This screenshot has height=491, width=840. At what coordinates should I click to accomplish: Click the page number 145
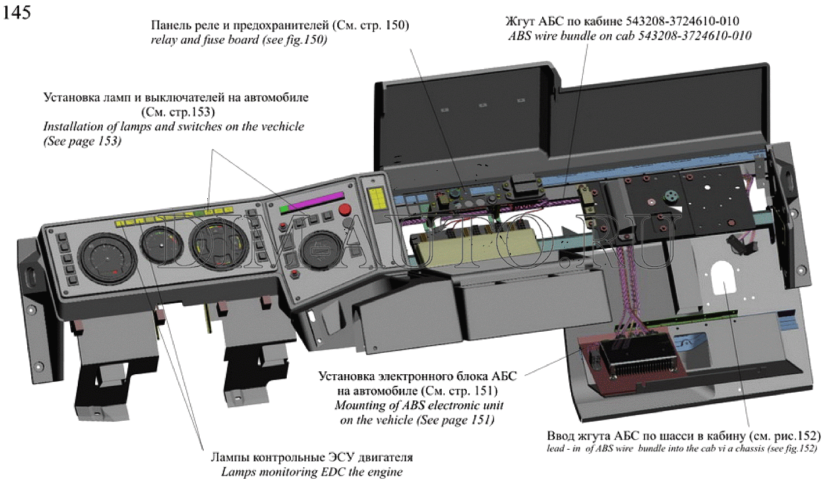tap(17, 12)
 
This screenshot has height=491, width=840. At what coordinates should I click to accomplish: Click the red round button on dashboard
tap(345, 210)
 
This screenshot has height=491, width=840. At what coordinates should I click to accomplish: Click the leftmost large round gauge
tap(106, 256)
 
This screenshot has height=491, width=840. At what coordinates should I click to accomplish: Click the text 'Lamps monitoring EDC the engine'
tap(312, 472)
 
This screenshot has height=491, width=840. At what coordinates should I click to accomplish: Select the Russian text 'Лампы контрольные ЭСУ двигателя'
tap(312, 457)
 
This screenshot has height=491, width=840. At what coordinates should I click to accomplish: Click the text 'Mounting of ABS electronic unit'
tap(419, 406)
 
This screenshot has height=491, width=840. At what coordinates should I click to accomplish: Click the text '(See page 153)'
tap(82, 141)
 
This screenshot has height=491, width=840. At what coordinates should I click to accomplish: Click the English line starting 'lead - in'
tap(682, 449)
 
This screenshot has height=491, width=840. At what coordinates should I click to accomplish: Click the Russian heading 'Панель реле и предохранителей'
tap(240, 26)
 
